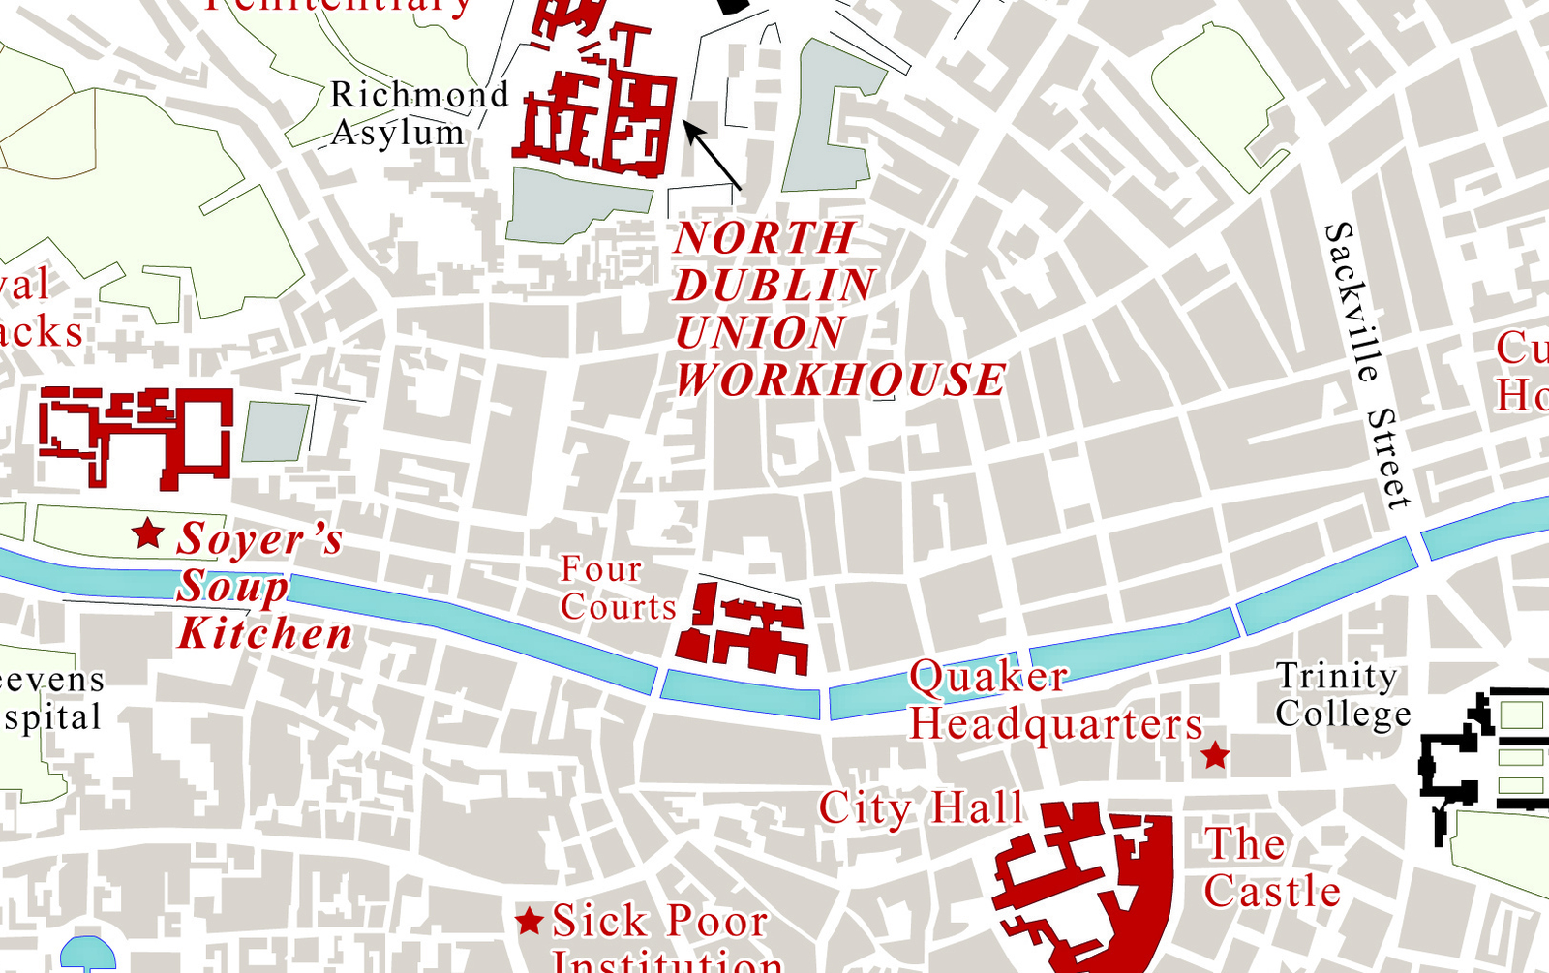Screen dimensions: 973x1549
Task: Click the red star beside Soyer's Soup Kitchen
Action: (147, 532)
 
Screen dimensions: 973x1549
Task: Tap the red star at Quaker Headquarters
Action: (1215, 755)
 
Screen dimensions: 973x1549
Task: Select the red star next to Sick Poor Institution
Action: (529, 921)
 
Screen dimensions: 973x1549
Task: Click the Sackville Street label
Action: (1366, 363)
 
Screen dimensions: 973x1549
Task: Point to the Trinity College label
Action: (1341, 694)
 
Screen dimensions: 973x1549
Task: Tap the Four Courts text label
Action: (616, 589)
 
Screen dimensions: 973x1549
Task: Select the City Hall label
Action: (921, 808)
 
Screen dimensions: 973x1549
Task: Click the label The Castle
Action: (1270, 868)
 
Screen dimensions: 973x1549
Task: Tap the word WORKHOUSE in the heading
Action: (839, 380)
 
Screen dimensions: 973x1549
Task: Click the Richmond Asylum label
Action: (418, 113)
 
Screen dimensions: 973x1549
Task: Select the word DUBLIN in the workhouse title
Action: (774, 286)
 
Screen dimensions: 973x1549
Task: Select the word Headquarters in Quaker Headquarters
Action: (1055, 724)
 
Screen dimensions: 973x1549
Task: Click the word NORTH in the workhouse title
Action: (765, 238)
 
